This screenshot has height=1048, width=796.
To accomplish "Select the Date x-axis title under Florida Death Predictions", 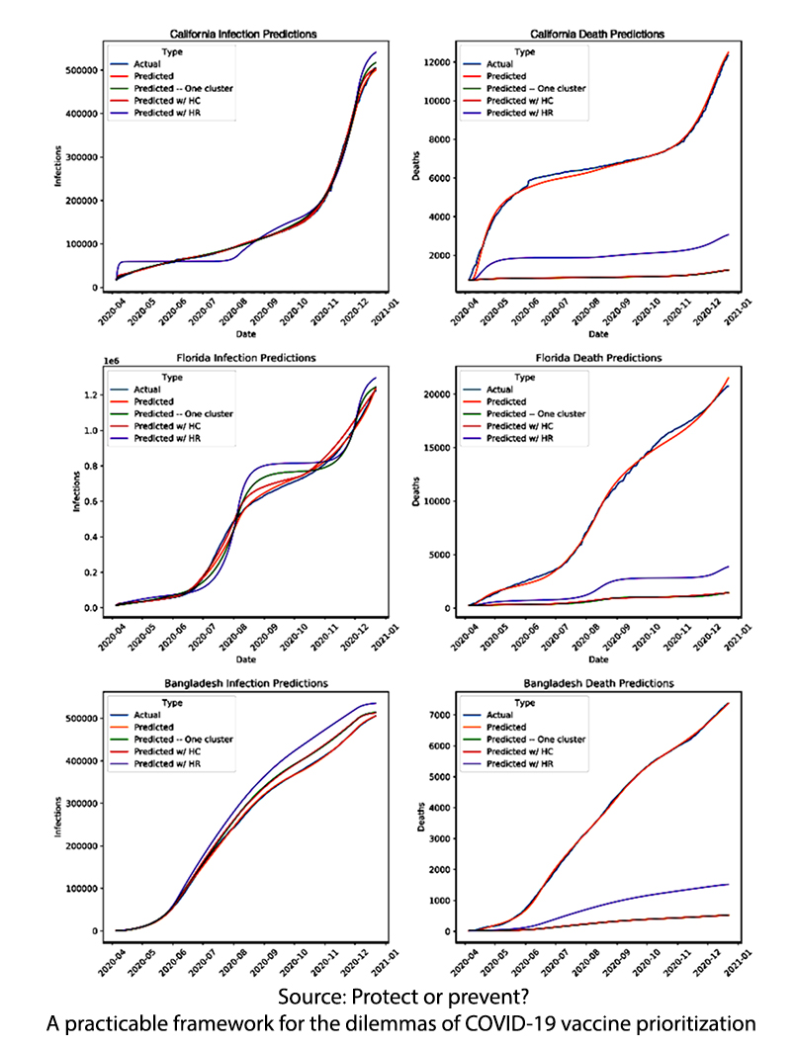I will [598, 658].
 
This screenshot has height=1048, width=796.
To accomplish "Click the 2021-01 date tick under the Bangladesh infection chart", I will [389, 962].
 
